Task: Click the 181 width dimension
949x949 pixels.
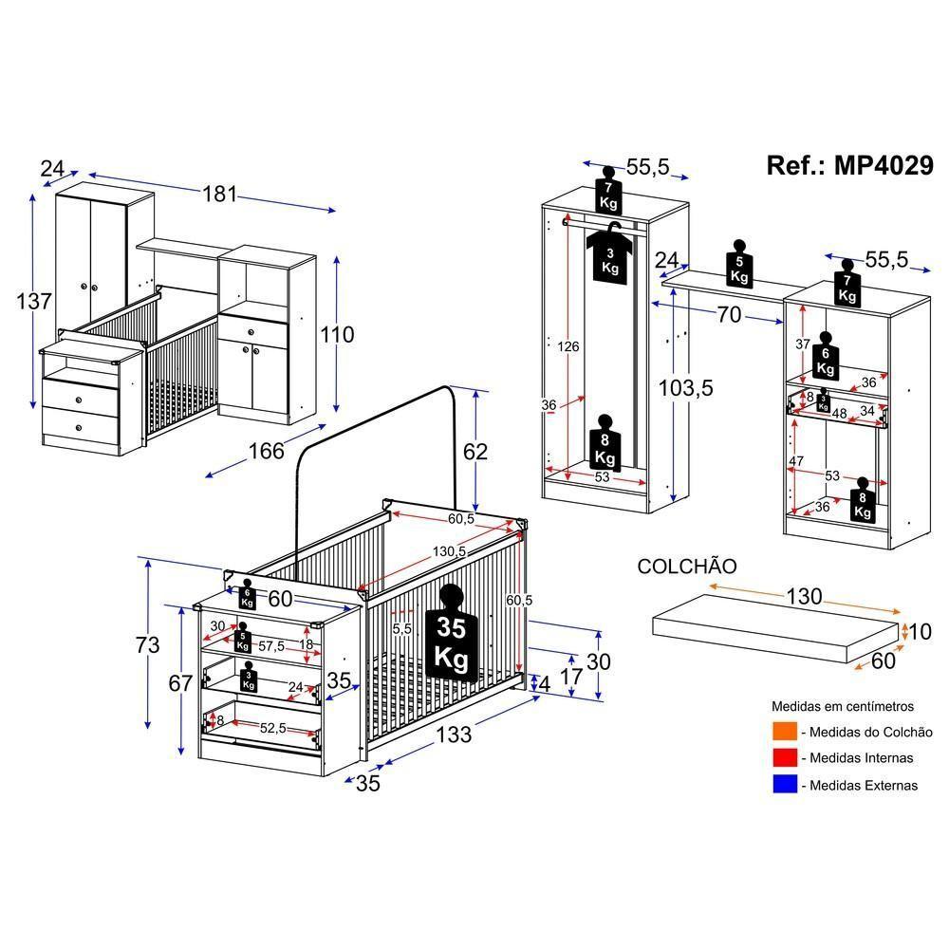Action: tap(218, 194)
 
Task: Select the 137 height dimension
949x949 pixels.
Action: tap(34, 303)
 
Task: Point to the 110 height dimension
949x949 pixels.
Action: tap(336, 334)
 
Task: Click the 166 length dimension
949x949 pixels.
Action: tap(266, 451)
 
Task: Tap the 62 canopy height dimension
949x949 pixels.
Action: tap(474, 451)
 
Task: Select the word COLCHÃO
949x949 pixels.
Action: tap(687, 567)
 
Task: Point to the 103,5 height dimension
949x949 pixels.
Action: tap(686, 387)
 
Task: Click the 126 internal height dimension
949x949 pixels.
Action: tap(568, 346)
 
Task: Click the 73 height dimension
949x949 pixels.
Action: tap(147, 645)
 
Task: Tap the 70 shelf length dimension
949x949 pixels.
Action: tap(729, 315)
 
